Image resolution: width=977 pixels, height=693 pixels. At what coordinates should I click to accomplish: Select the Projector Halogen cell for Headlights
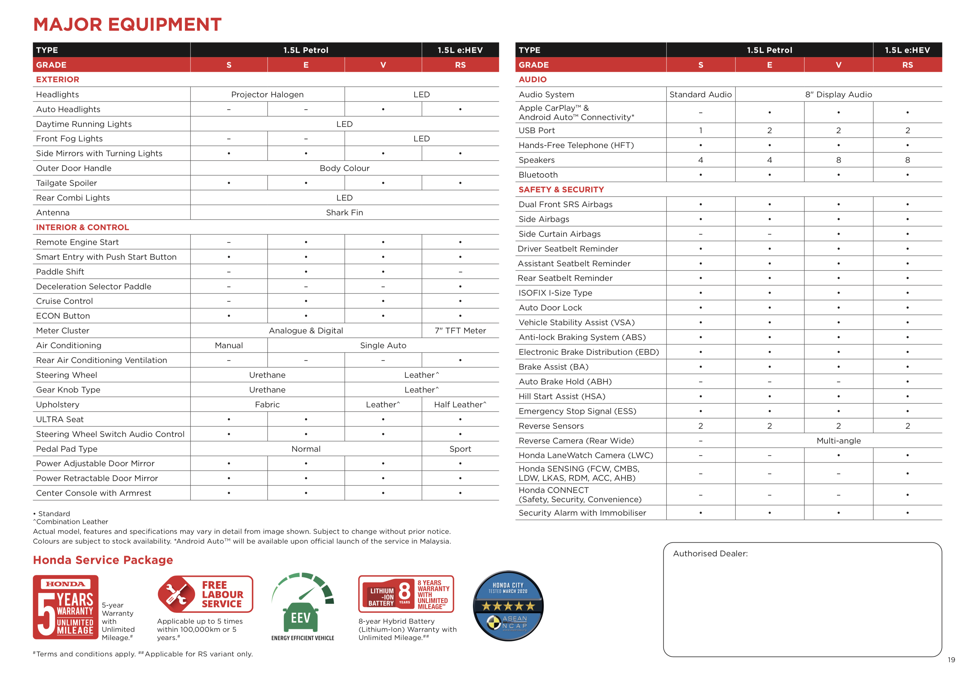[267, 94]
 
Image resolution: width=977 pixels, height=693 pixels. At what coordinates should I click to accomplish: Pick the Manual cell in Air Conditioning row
[229, 345]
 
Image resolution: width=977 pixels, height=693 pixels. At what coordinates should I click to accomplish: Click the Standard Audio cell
[700, 94]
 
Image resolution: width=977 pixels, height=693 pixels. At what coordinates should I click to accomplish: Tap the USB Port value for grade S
[700, 130]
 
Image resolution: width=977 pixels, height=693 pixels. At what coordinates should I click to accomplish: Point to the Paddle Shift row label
[60, 272]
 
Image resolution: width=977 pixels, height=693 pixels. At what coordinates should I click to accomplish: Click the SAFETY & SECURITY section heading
[561, 189]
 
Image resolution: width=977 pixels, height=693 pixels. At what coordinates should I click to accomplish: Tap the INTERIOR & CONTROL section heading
[82, 227]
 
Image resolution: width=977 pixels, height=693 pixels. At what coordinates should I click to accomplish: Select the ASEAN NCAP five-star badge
[508, 606]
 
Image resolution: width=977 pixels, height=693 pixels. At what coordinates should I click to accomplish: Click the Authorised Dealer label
[710, 554]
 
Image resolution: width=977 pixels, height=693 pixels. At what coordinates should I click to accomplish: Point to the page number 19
[951, 660]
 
